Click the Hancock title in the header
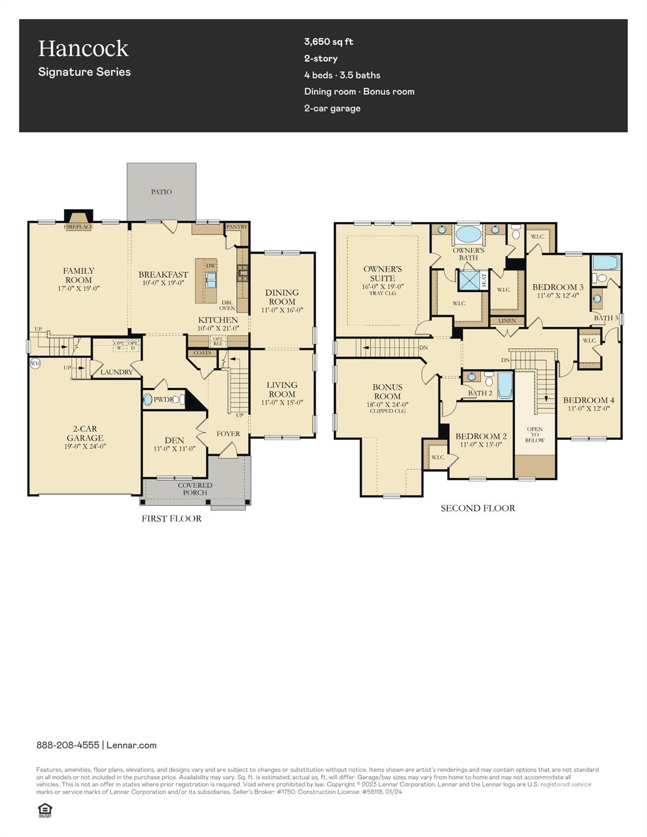click(83, 49)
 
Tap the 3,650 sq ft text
click(328, 41)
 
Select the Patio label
click(161, 192)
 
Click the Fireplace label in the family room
click(79, 227)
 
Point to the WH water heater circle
click(35, 363)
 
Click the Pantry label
click(237, 227)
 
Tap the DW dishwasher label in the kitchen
click(211, 266)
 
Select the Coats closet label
click(202, 353)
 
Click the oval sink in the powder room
click(148, 399)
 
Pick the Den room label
click(174, 440)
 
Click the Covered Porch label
click(195, 489)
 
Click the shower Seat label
click(484, 280)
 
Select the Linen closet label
click(507, 321)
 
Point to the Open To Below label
click(535, 434)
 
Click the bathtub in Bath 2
click(505, 386)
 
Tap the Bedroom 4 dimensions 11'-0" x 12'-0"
click(589, 408)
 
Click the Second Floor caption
click(478, 508)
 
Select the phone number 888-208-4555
click(68, 745)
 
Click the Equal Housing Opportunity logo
click(45, 810)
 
